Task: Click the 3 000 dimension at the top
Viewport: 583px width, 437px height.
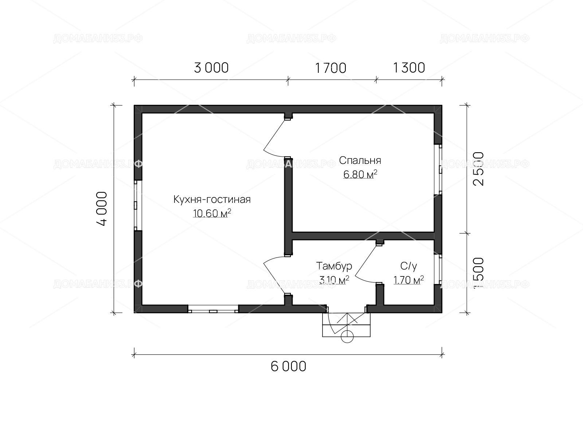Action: tap(211, 68)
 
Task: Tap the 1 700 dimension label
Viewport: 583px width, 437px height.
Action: tap(331, 68)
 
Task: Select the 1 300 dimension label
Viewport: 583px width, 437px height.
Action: tap(409, 68)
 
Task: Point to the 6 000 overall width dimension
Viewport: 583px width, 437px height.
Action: tap(289, 366)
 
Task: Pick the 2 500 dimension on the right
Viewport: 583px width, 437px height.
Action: tap(478, 169)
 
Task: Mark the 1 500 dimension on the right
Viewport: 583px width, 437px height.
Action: tap(478, 273)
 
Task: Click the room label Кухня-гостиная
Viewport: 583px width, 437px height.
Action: tap(212, 199)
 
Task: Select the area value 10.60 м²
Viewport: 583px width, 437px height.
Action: tap(212, 213)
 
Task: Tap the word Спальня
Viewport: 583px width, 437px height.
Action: tap(360, 160)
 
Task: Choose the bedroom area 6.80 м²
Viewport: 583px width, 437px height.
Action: tap(360, 174)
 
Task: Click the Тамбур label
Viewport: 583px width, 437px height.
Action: tap(334, 266)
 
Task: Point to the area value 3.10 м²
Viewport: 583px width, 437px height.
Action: tap(334, 280)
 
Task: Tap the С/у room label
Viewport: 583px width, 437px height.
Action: tap(408, 266)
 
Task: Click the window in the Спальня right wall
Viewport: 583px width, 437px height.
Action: tap(438, 169)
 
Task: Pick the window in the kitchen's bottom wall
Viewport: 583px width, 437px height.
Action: tap(213, 309)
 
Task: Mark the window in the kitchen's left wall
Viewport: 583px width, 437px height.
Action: tap(138, 205)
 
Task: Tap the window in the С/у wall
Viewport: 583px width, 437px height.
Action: tap(438, 269)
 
